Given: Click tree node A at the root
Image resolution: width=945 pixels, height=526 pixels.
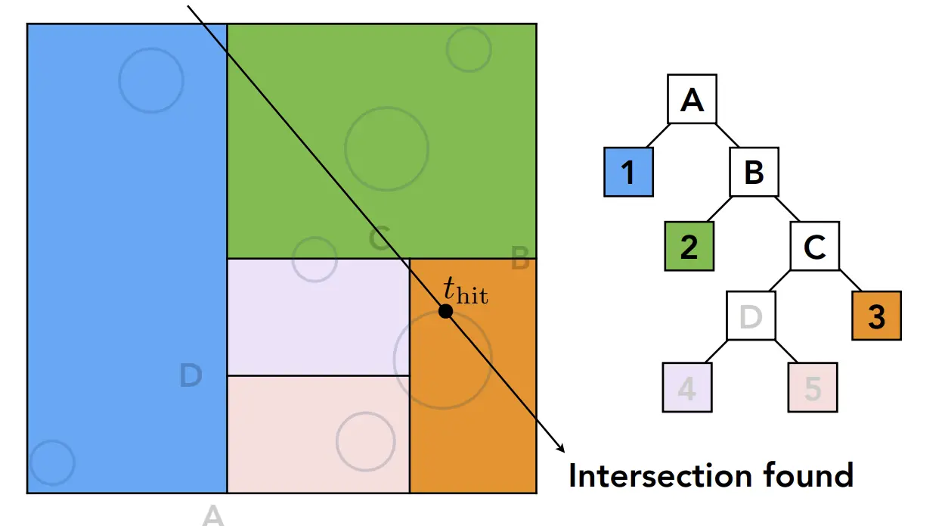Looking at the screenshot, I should click(x=692, y=98).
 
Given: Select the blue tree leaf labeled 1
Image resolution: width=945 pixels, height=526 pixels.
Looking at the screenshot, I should click(x=627, y=173).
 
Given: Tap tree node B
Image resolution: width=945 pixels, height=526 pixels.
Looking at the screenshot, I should click(x=754, y=173).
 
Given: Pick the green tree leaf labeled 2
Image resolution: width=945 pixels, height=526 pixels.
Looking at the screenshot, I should click(x=689, y=247).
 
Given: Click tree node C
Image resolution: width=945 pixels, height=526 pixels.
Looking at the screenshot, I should click(x=815, y=247).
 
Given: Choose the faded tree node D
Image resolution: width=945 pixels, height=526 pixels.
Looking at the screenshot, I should click(x=751, y=316).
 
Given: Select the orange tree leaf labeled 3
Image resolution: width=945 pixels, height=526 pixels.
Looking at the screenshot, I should click(x=876, y=316).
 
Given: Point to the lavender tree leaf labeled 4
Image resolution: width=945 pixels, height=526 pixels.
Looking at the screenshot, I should click(x=686, y=387).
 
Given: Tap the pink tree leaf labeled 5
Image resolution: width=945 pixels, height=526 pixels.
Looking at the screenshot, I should click(x=813, y=387).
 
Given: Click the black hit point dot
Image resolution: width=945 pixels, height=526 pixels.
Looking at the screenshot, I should click(x=445, y=311).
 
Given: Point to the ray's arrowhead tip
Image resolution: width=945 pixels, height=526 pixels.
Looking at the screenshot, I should click(x=564, y=455).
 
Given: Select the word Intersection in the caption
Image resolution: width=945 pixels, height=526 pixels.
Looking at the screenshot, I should click(x=649, y=475).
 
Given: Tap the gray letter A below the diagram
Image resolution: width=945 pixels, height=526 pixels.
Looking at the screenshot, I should click(x=213, y=515).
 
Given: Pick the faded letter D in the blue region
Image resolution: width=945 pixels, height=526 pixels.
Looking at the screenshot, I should click(x=191, y=375).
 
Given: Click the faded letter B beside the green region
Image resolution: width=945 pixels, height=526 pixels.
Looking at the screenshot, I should click(x=520, y=260).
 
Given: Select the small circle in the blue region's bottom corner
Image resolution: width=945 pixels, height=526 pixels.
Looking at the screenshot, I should click(x=51, y=462).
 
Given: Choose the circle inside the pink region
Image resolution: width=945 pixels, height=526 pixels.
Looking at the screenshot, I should click(x=365, y=441).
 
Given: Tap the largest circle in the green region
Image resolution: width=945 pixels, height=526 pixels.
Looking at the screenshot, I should click(x=386, y=148).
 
